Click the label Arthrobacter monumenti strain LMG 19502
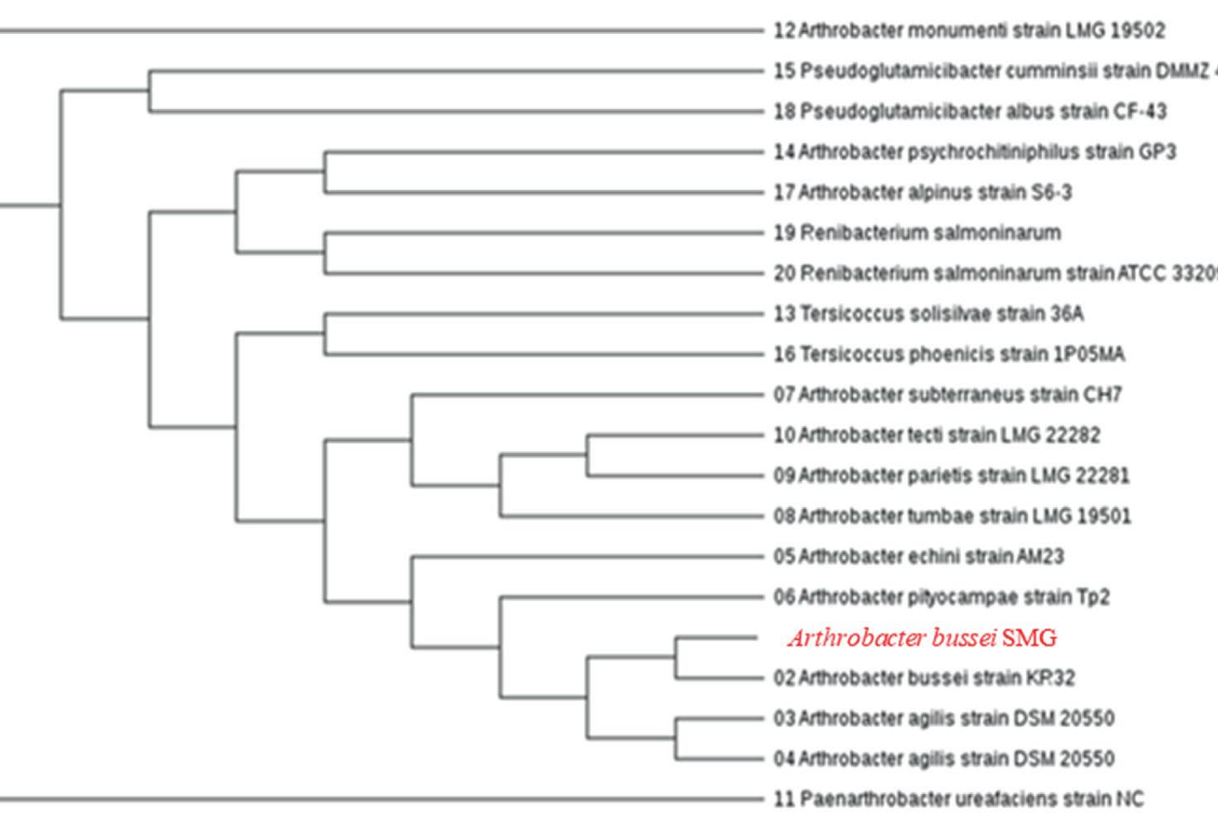click(x=969, y=31)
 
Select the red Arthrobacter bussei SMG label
click(x=922, y=638)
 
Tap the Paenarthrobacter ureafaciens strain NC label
click(x=958, y=799)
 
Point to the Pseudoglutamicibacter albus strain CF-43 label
click(x=970, y=111)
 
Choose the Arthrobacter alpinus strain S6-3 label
click(x=922, y=193)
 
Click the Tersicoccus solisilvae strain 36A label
click(x=928, y=314)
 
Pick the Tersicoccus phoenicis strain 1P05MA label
click(x=948, y=354)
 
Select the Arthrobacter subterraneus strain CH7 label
click(x=948, y=395)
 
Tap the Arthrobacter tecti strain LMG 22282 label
click(x=937, y=435)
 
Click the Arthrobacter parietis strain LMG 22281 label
click(x=951, y=476)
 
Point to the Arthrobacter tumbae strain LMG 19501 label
click(x=952, y=516)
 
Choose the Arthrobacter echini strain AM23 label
click(x=919, y=556)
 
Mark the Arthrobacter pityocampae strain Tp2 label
click(x=941, y=597)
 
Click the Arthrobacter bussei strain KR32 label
click(x=924, y=678)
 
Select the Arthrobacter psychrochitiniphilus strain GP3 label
click(x=974, y=152)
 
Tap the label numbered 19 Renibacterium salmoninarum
click(x=917, y=233)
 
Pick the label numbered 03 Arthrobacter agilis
click(x=943, y=718)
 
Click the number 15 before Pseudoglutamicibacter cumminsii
click(x=784, y=71)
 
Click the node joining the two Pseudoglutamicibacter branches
click(x=150, y=91)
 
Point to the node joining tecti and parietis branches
click(x=587, y=455)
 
